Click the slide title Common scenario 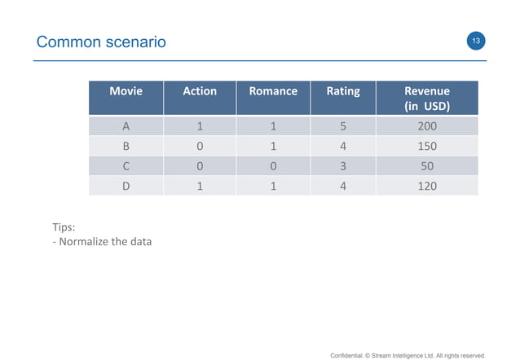(x=101, y=42)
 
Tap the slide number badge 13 (x=475, y=41)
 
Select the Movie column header (x=126, y=91)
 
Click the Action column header (x=200, y=91)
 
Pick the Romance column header (x=273, y=91)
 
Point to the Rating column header (x=343, y=91)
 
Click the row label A (x=126, y=127)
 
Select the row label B (x=126, y=147)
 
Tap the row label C (x=126, y=166)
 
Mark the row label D (x=126, y=186)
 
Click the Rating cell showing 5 (x=343, y=127)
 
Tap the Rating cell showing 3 (x=343, y=166)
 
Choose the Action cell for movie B (x=200, y=147)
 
